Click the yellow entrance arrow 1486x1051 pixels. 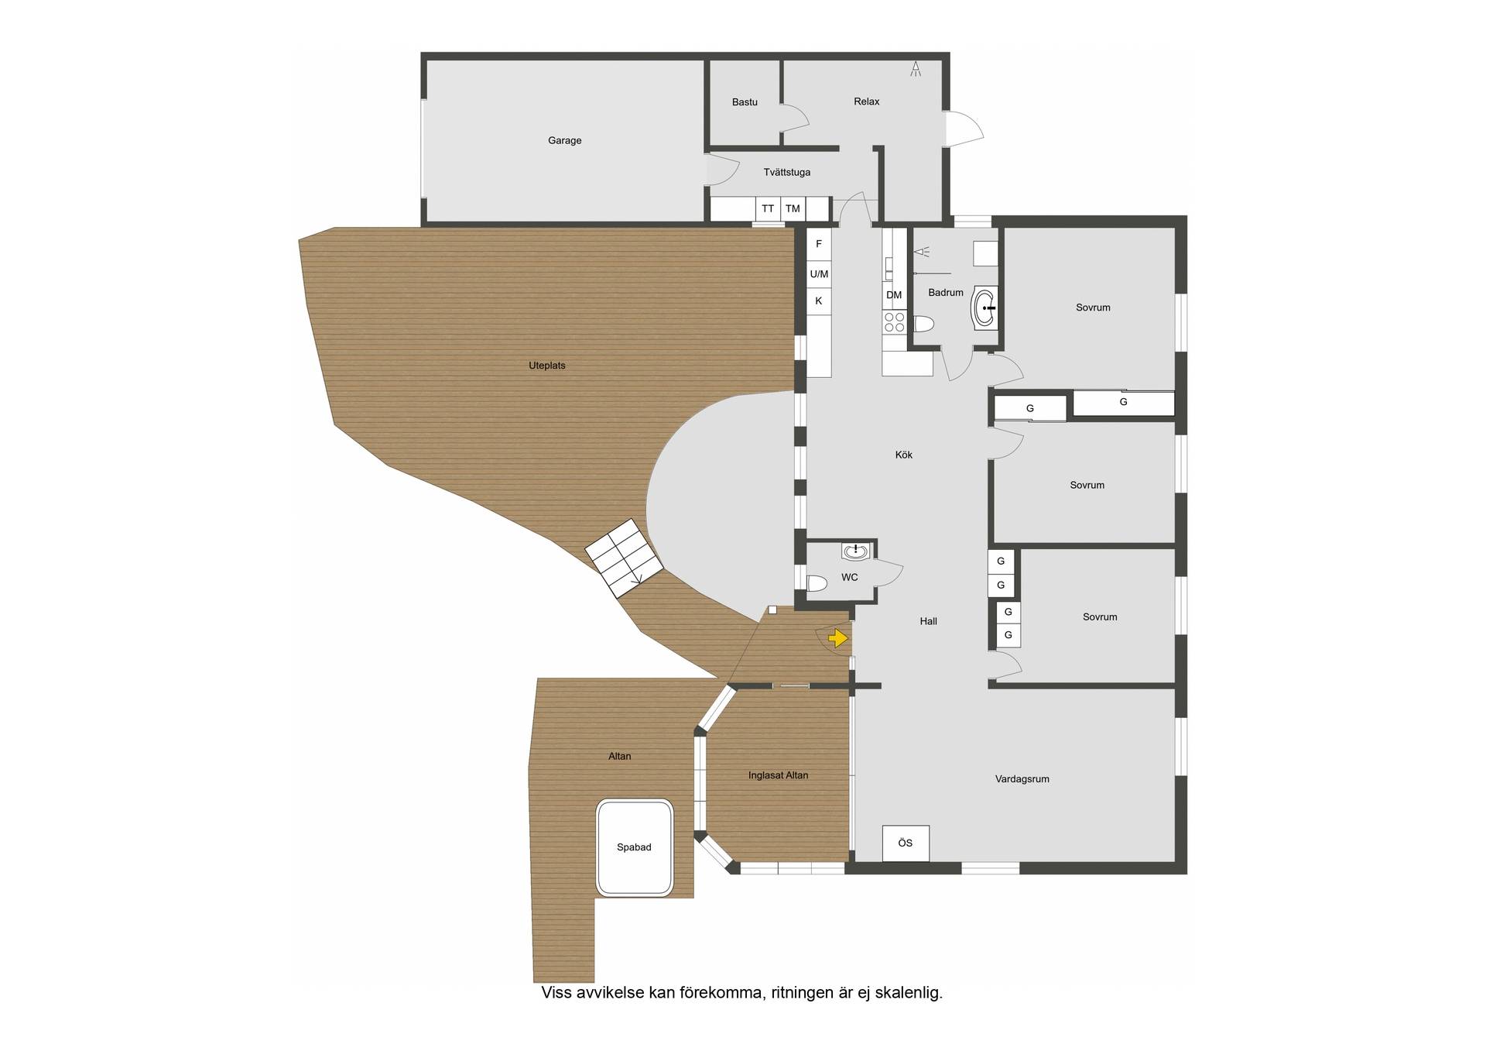coord(838,638)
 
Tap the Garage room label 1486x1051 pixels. coord(564,140)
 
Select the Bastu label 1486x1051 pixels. coord(745,102)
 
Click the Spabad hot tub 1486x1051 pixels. coord(634,848)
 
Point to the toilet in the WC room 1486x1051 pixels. coord(817,582)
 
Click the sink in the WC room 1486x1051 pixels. coord(855,551)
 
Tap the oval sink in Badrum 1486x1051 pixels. coord(985,307)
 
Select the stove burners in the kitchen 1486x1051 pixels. coord(895,321)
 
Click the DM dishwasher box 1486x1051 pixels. coord(894,295)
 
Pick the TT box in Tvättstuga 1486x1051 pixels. coord(767,209)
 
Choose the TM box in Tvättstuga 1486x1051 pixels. coord(793,209)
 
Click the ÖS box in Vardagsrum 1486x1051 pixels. coord(906,843)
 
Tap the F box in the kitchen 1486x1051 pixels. coord(819,245)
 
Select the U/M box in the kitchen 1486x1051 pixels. coord(819,274)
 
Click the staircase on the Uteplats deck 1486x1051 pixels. coord(624,558)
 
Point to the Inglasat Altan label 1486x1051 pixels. coord(778,775)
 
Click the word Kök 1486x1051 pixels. coord(903,455)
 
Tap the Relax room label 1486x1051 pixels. coord(866,101)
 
